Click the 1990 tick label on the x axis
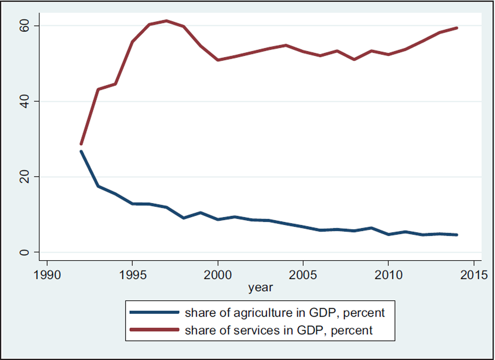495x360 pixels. (47, 274)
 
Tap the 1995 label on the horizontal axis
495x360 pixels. (132, 274)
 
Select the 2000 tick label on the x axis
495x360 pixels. (218, 274)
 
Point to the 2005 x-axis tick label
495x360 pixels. (303, 274)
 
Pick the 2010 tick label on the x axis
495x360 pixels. (388, 274)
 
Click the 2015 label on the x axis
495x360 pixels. (474, 274)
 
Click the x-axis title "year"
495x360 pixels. (260, 287)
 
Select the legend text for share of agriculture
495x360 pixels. (285, 313)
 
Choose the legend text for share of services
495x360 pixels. (279, 330)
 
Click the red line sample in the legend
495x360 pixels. (154, 330)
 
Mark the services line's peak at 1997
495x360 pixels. (167, 21)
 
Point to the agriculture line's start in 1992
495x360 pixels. (81, 152)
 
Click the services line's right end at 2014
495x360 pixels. (457, 28)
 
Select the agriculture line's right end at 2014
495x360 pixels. (457, 235)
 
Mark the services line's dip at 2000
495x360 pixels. (218, 60)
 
